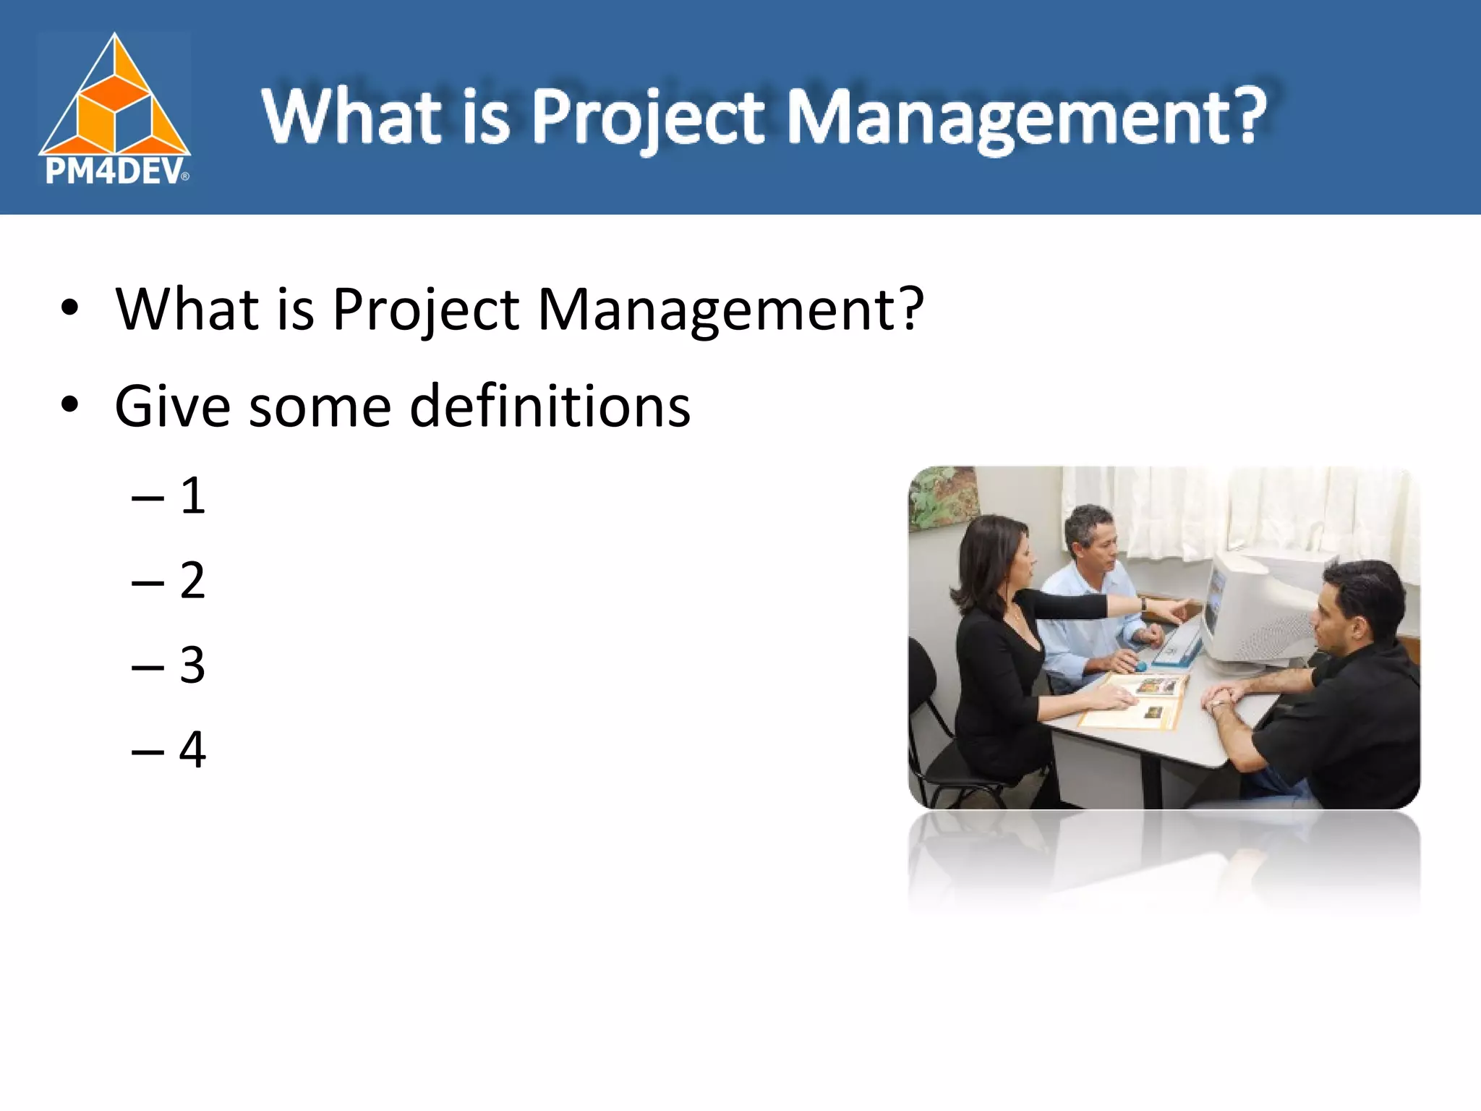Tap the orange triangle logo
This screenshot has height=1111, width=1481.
coord(114,101)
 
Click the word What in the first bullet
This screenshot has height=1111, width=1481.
coord(187,310)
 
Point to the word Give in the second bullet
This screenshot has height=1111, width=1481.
coord(172,406)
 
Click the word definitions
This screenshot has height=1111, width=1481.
coord(550,406)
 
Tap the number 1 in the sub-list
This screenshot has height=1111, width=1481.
coord(192,497)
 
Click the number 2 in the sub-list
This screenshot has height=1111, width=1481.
coord(192,581)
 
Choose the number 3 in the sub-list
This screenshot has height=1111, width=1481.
coord(192,665)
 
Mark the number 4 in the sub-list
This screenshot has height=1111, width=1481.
coord(192,750)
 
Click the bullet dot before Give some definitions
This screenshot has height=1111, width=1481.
coord(69,406)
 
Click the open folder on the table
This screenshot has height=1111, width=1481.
coord(1135,700)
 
